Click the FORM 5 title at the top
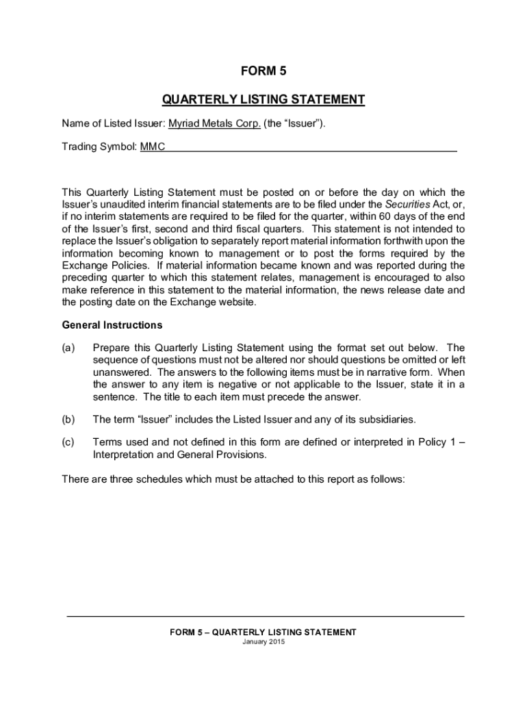click(x=263, y=71)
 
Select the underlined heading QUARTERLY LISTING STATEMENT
click(x=263, y=100)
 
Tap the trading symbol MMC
click(x=153, y=147)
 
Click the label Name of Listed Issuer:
click(x=114, y=124)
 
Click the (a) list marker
click(x=68, y=347)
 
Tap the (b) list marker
click(x=68, y=419)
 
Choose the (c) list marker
click(x=68, y=442)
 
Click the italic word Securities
click(x=407, y=204)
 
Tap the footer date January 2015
click(x=263, y=642)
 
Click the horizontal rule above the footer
click(x=266, y=617)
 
